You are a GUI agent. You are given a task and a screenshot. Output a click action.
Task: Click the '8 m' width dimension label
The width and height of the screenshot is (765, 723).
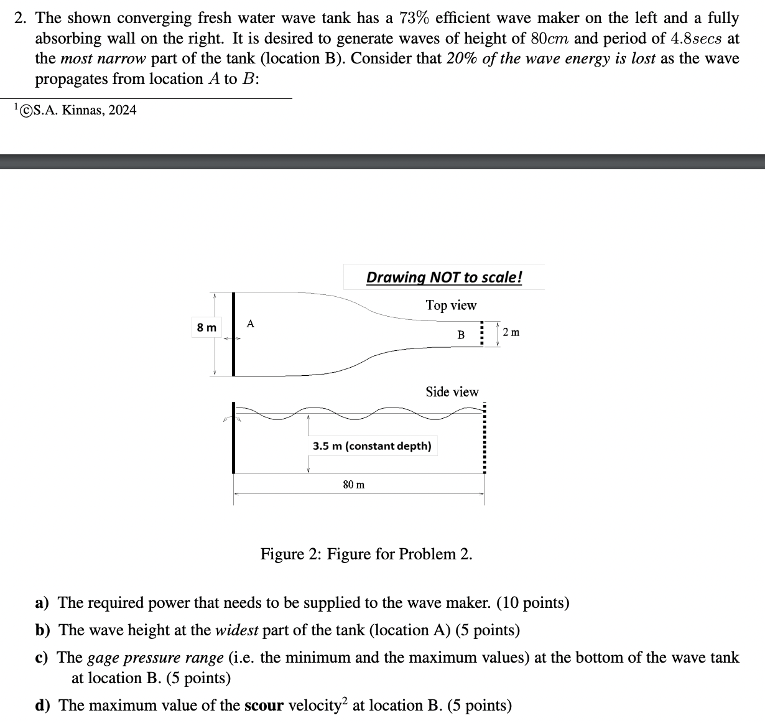click(x=207, y=327)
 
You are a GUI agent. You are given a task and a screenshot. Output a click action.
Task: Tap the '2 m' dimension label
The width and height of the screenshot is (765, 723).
click(x=511, y=332)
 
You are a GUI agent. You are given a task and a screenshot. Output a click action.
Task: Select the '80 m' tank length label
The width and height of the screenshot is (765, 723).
click(x=354, y=484)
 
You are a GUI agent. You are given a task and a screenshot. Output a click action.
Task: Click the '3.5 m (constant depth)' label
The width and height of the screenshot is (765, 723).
click(x=372, y=446)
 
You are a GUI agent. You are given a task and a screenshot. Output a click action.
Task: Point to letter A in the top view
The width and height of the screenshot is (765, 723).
click(x=250, y=324)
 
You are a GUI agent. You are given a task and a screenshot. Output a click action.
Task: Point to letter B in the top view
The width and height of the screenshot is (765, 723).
click(x=461, y=335)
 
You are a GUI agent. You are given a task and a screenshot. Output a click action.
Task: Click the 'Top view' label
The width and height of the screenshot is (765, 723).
click(x=451, y=306)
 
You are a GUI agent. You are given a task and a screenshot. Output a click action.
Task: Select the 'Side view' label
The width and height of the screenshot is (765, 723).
click(x=452, y=392)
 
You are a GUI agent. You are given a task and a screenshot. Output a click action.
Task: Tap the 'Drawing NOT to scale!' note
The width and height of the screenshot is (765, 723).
click(x=444, y=278)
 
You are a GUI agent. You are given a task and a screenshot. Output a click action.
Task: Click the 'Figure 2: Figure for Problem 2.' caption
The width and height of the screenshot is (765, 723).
click(x=366, y=554)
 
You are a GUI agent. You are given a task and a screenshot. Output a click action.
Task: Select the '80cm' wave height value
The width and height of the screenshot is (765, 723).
click(x=550, y=39)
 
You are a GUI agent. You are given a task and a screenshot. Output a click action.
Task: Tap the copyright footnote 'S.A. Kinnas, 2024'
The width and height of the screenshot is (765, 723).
click(x=78, y=111)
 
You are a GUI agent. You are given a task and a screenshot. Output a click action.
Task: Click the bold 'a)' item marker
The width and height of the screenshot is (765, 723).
click(x=42, y=603)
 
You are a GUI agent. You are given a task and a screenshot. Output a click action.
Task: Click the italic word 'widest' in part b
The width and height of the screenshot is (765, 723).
click(x=236, y=630)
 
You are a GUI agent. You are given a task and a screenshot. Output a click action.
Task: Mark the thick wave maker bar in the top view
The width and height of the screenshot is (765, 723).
click(x=234, y=334)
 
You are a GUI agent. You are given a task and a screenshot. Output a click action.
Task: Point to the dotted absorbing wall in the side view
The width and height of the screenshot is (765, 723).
click(x=484, y=439)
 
